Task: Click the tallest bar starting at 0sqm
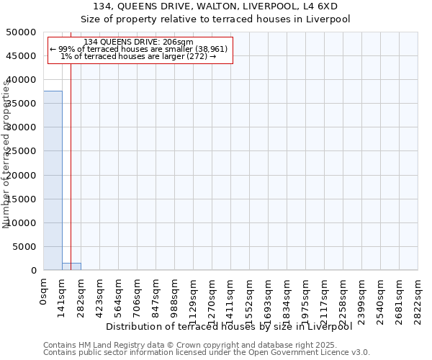[53, 180]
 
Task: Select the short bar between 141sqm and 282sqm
[71, 266]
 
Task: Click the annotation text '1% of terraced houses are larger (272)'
[138, 57]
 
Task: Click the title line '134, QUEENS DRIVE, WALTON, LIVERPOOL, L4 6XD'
[215, 6]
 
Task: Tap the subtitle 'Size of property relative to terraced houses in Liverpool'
[215, 19]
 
